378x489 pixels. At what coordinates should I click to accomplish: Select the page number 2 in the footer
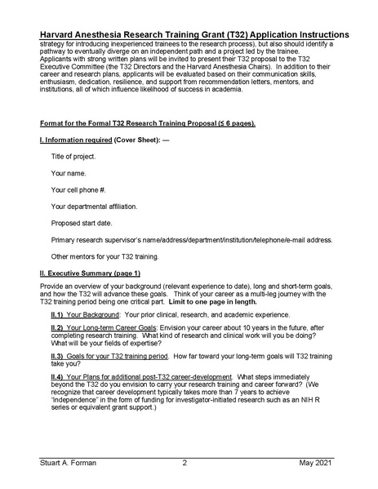click(x=185, y=462)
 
